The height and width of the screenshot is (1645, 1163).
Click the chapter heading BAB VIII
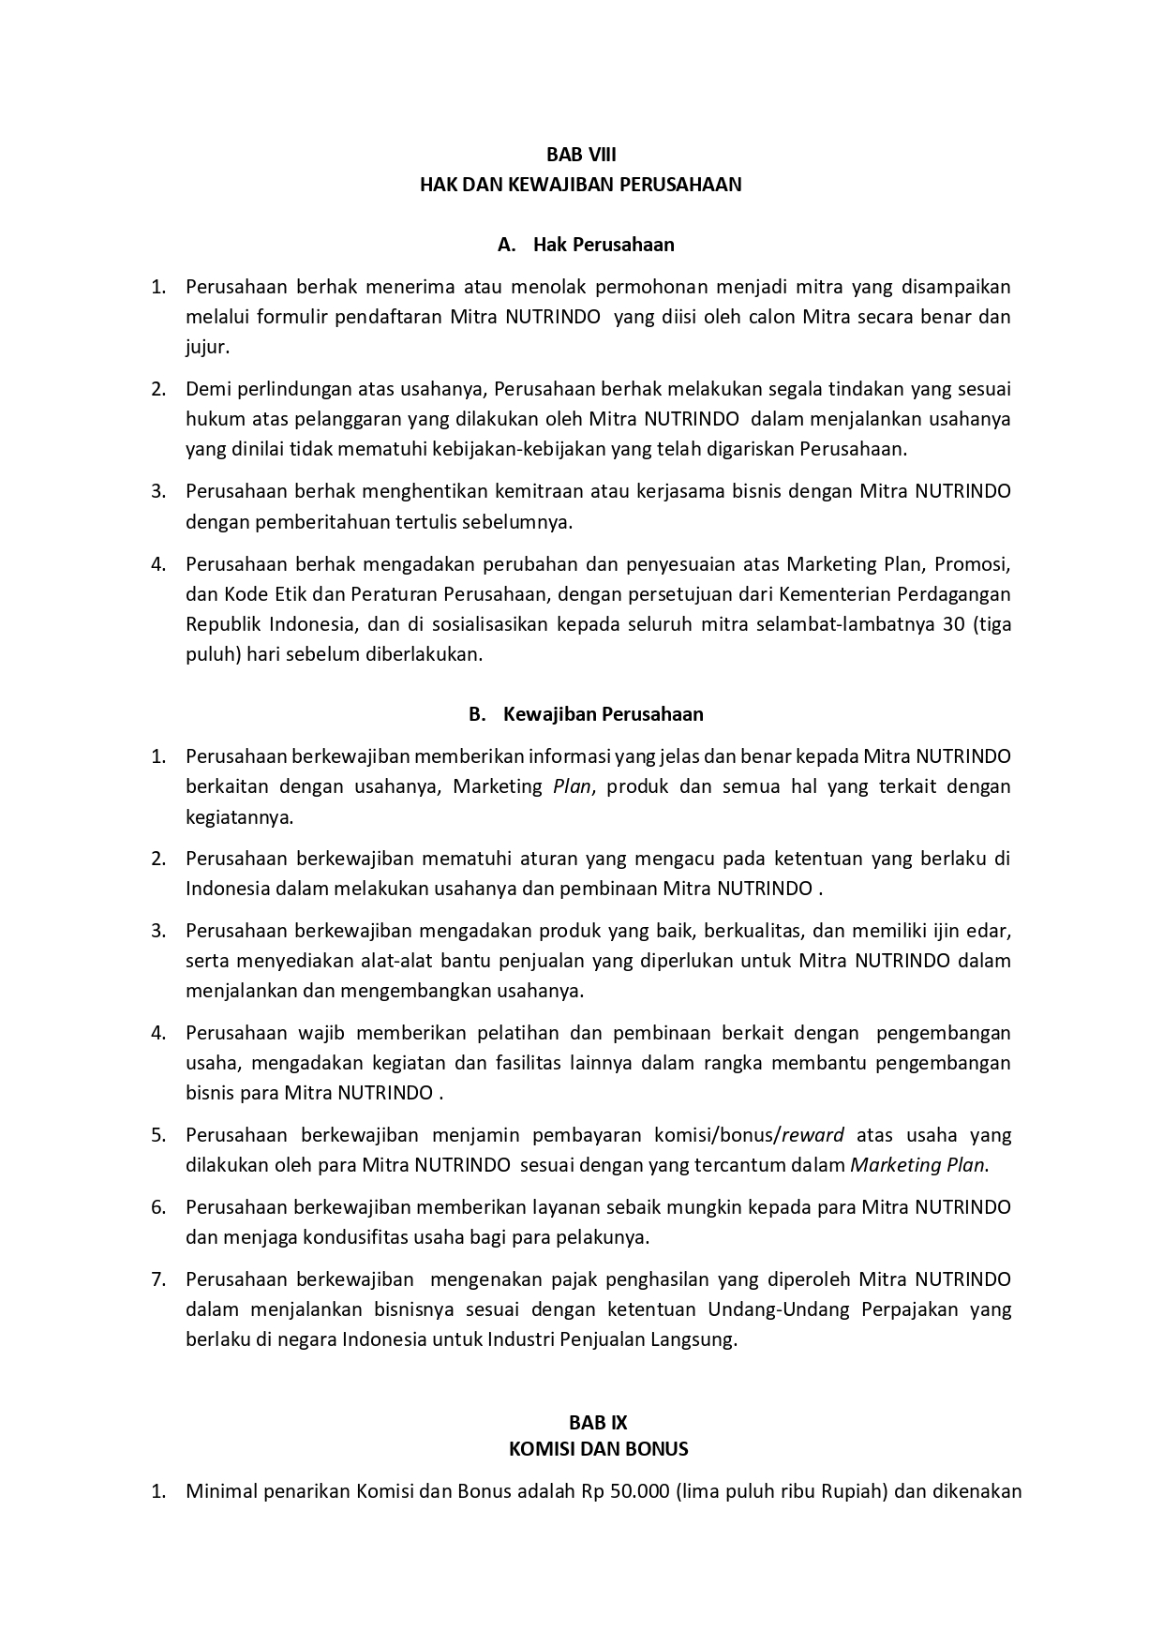click(581, 155)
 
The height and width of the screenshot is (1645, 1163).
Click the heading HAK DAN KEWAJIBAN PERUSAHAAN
click(581, 185)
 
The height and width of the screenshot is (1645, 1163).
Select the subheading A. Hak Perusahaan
click(586, 245)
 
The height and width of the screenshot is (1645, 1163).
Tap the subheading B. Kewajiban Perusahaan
click(586, 714)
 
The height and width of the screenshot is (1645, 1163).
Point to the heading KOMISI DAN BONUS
click(598, 1449)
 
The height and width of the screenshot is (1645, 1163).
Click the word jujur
click(207, 347)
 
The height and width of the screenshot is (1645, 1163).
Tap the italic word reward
click(813, 1135)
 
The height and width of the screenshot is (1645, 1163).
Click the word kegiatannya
click(239, 816)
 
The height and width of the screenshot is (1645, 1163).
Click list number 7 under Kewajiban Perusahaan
click(158, 1279)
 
